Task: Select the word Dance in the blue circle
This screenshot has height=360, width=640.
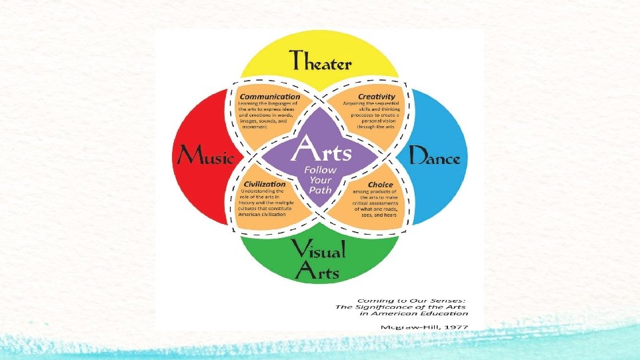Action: click(x=434, y=157)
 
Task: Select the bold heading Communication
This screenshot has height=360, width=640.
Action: click(x=270, y=96)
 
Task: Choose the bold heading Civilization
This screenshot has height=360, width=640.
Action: click(x=265, y=184)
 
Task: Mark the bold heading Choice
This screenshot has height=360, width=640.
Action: click(x=379, y=184)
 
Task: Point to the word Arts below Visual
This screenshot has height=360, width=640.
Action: click(x=319, y=272)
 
